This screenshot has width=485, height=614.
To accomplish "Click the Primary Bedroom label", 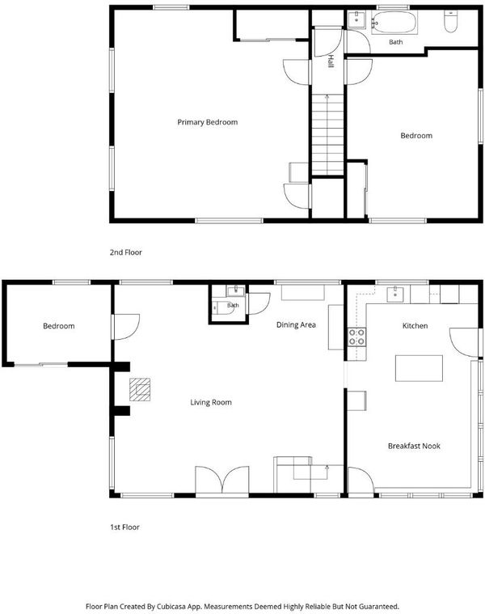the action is point(207,122).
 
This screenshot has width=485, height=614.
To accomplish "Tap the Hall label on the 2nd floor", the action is point(331,61).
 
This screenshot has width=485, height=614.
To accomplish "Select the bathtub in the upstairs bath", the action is point(394,23).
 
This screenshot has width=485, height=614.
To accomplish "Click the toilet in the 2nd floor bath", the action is point(451,22).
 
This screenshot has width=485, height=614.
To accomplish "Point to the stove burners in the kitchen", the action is point(357,337).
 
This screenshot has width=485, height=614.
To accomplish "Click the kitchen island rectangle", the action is point(419,368).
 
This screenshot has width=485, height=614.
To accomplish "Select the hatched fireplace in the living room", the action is point(140,390).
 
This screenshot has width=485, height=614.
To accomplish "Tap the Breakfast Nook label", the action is point(414,446).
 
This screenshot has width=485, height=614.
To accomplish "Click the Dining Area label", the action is point(296,324).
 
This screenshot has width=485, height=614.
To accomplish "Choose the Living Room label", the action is point(211,402).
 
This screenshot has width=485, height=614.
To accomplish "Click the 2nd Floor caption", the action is point(125,252).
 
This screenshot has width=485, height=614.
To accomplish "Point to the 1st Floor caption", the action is point(124,527).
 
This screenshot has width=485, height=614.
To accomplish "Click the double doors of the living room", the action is point(222,481).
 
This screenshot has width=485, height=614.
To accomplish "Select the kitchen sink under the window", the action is point(395,294).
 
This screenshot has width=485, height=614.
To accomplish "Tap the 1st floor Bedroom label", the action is point(59,326).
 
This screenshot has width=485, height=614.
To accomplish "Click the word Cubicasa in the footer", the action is point(171,607).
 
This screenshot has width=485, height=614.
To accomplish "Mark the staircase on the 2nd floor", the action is point(327,134).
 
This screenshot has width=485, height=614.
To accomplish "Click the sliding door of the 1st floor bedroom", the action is point(40,365).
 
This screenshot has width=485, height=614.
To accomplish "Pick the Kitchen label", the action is point(415,326).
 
